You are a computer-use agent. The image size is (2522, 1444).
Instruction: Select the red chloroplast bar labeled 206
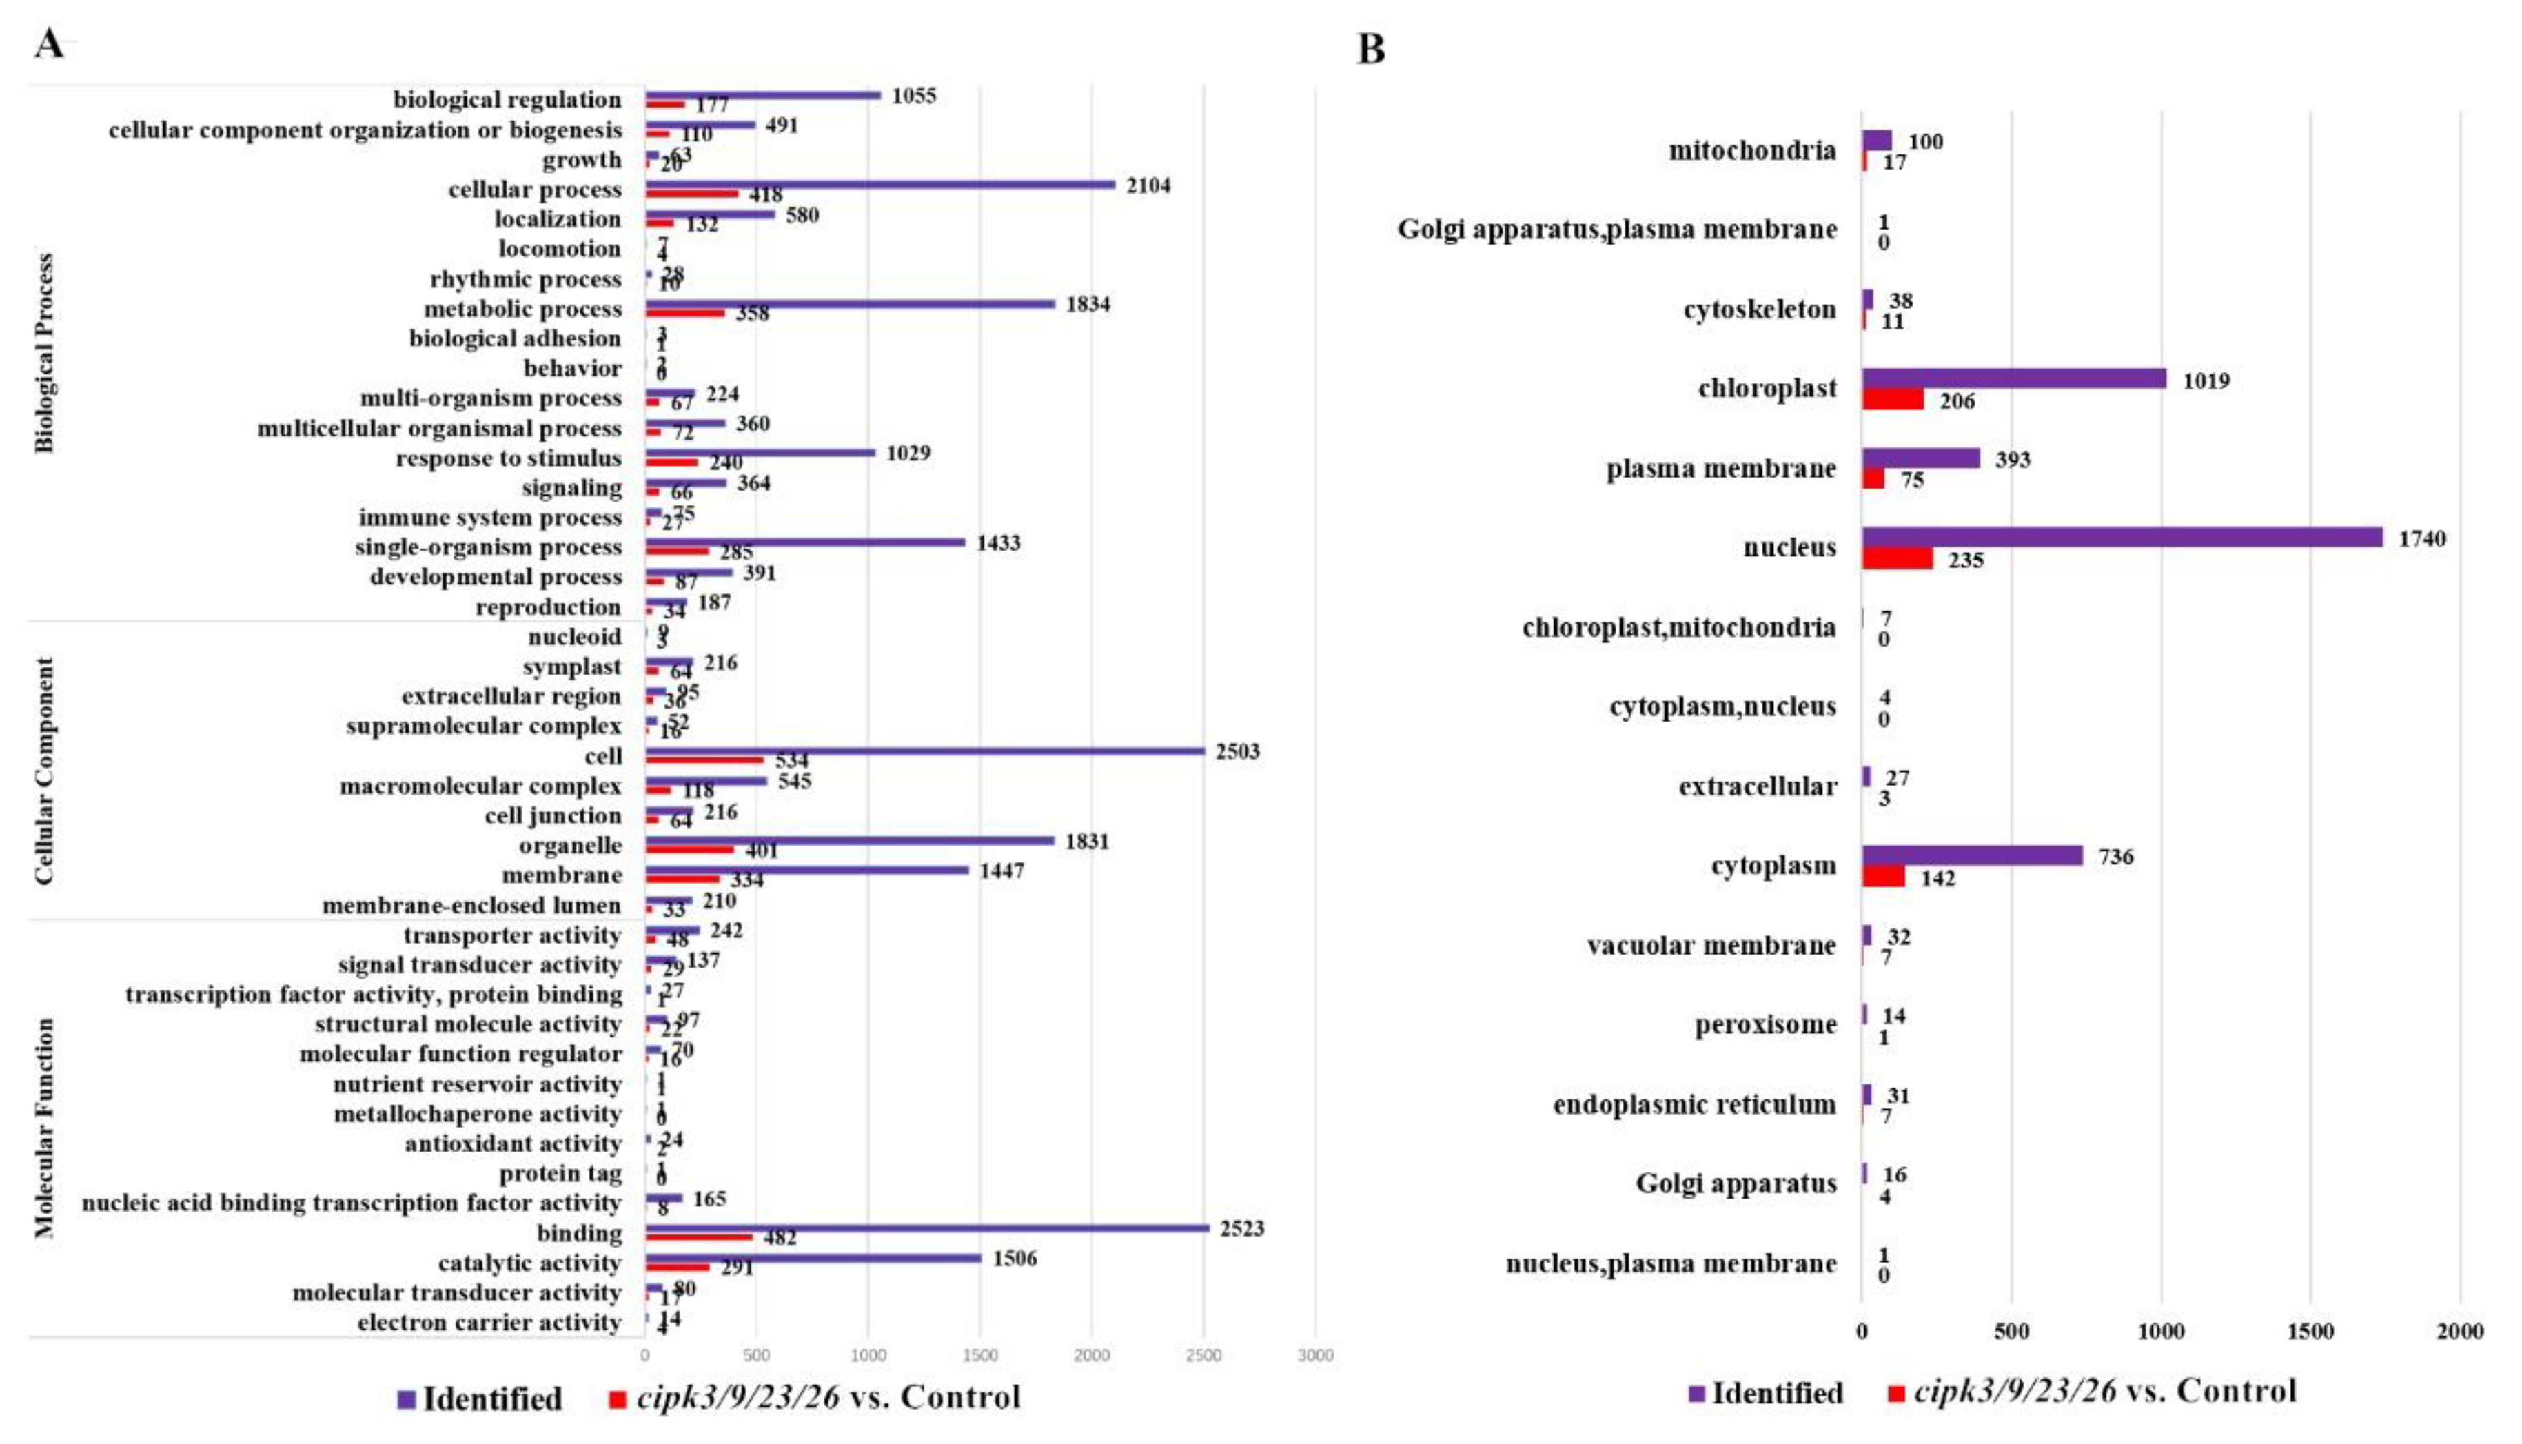(1892, 400)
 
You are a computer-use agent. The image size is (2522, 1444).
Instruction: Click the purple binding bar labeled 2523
(926, 1228)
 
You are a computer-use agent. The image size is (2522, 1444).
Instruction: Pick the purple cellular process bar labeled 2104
(879, 185)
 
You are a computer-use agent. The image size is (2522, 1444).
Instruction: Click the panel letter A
(49, 43)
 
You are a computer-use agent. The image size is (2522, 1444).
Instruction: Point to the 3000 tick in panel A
(1315, 1356)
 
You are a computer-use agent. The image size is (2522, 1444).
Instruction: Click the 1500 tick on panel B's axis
(2310, 1332)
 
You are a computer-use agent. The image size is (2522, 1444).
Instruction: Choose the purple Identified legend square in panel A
(405, 1399)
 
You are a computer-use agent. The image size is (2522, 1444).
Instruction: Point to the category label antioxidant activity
(513, 1143)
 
